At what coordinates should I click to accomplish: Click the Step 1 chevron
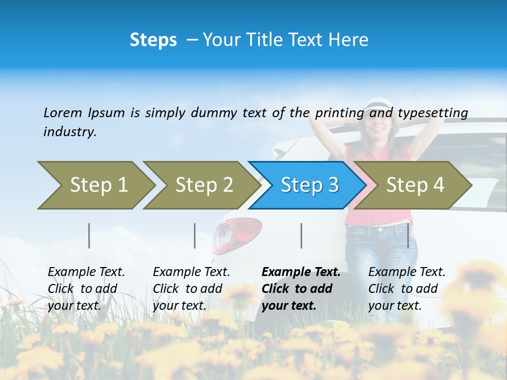point(95,185)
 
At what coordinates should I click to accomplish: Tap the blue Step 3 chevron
point(308,185)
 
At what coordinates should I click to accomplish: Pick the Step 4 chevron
point(414,185)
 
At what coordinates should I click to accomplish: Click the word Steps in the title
point(153,40)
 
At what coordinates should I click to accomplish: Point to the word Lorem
point(63,112)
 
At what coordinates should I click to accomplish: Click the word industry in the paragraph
point(69,132)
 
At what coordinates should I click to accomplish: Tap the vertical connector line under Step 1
point(89,235)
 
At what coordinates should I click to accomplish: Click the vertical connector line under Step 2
point(195,235)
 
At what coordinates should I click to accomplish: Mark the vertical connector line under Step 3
point(302,235)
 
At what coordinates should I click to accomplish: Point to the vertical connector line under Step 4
point(408,235)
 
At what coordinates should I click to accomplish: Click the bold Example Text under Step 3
point(301,272)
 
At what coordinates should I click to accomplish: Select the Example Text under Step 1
point(86,272)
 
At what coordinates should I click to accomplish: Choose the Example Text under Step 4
point(407,272)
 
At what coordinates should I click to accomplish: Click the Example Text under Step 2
point(191,272)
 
